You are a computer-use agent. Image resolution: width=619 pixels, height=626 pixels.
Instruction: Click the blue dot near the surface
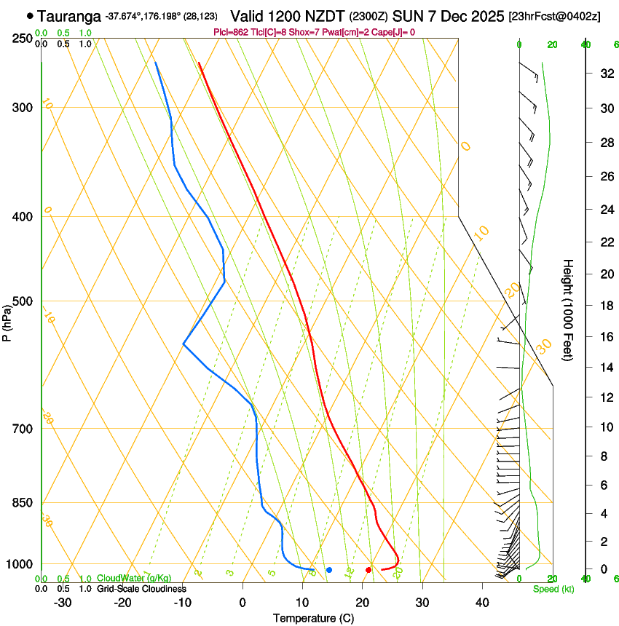pyautogui.click(x=329, y=569)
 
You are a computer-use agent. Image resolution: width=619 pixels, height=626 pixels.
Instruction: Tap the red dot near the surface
pyautogui.click(x=368, y=569)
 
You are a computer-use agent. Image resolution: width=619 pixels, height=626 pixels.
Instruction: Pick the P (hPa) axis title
pyautogui.click(x=7, y=318)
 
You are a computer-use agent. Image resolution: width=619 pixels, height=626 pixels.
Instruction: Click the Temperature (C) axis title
pyautogui.click(x=313, y=619)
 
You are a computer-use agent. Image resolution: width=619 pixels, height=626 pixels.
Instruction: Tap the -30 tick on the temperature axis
pyautogui.click(x=63, y=603)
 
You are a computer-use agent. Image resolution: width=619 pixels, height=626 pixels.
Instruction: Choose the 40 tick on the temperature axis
pyautogui.click(x=482, y=603)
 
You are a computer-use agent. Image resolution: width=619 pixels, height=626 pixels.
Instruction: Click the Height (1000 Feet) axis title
pyautogui.click(x=568, y=309)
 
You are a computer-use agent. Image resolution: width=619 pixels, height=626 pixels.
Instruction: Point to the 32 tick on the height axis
pyautogui.click(x=604, y=73)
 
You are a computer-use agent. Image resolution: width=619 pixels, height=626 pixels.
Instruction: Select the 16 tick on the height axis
pyautogui.click(x=604, y=336)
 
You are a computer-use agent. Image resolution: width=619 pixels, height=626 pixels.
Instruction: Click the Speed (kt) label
pyautogui.click(x=553, y=589)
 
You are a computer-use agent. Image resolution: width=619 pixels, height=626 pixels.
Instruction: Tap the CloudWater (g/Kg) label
pyautogui.click(x=134, y=579)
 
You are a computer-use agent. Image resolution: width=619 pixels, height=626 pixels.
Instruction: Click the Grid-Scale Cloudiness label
pyautogui.click(x=141, y=589)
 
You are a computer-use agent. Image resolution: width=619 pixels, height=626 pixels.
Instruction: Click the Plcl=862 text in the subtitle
pyautogui.click(x=232, y=32)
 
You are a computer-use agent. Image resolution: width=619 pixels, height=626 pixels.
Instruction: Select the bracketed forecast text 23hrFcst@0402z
pyautogui.click(x=554, y=16)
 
